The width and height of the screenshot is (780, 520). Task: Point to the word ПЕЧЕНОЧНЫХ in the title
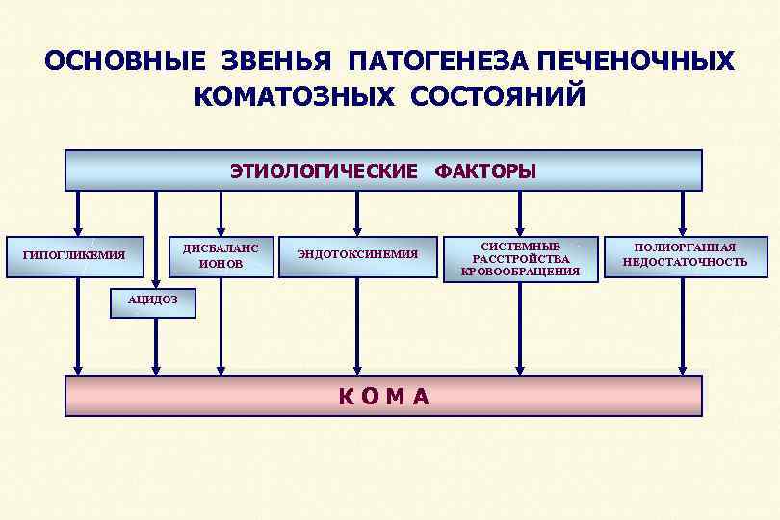point(637,62)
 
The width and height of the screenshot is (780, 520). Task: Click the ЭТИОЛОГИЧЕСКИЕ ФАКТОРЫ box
point(383,170)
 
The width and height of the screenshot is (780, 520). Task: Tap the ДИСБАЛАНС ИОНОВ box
point(221,256)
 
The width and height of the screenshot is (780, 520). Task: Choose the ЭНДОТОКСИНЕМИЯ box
point(357,255)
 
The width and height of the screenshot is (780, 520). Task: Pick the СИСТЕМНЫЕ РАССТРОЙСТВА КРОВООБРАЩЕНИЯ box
point(520,259)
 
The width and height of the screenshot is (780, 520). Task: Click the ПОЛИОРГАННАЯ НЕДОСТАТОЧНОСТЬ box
point(684,255)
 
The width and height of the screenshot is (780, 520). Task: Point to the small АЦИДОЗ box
point(153,299)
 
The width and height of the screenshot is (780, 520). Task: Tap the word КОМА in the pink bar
point(383,396)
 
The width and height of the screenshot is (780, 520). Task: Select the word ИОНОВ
point(221,263)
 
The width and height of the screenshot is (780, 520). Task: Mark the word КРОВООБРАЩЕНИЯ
point(520,272)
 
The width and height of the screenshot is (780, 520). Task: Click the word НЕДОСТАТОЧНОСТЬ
point(684,262)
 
